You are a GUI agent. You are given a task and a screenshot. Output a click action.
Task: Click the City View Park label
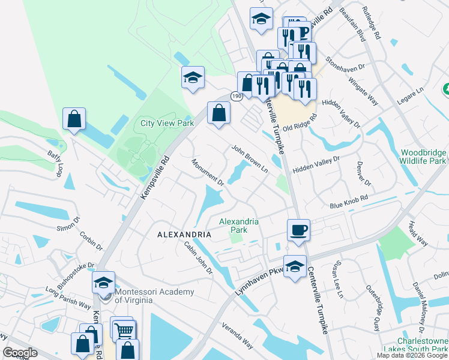pyautogui.click(x=167, y=122)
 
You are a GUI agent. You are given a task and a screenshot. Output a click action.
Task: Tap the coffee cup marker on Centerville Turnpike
pyautogui.click(x=298, y=230)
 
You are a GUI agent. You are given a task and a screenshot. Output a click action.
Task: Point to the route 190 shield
pyautogui.click(x=236, y=96)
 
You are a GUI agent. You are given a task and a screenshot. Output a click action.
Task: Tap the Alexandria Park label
pyautogui.click(x=239, y=226)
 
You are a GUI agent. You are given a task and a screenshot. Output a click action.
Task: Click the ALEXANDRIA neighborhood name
pyautogui.click(x=184, y=233)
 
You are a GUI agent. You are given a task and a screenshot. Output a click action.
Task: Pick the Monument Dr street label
pyautogui.click(x=208, y=172)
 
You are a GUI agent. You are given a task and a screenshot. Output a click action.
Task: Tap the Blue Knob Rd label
pyautogui.click(x=348, y=205)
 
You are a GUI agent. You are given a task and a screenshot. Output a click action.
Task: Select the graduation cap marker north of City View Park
pyautogui.click(x=193, y=77)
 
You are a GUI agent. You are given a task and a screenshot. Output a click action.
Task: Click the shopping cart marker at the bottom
pyautogui.click(x=123, y=329)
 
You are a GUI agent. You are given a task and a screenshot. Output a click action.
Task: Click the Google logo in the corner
pyautogui.click(x=20, y=353)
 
